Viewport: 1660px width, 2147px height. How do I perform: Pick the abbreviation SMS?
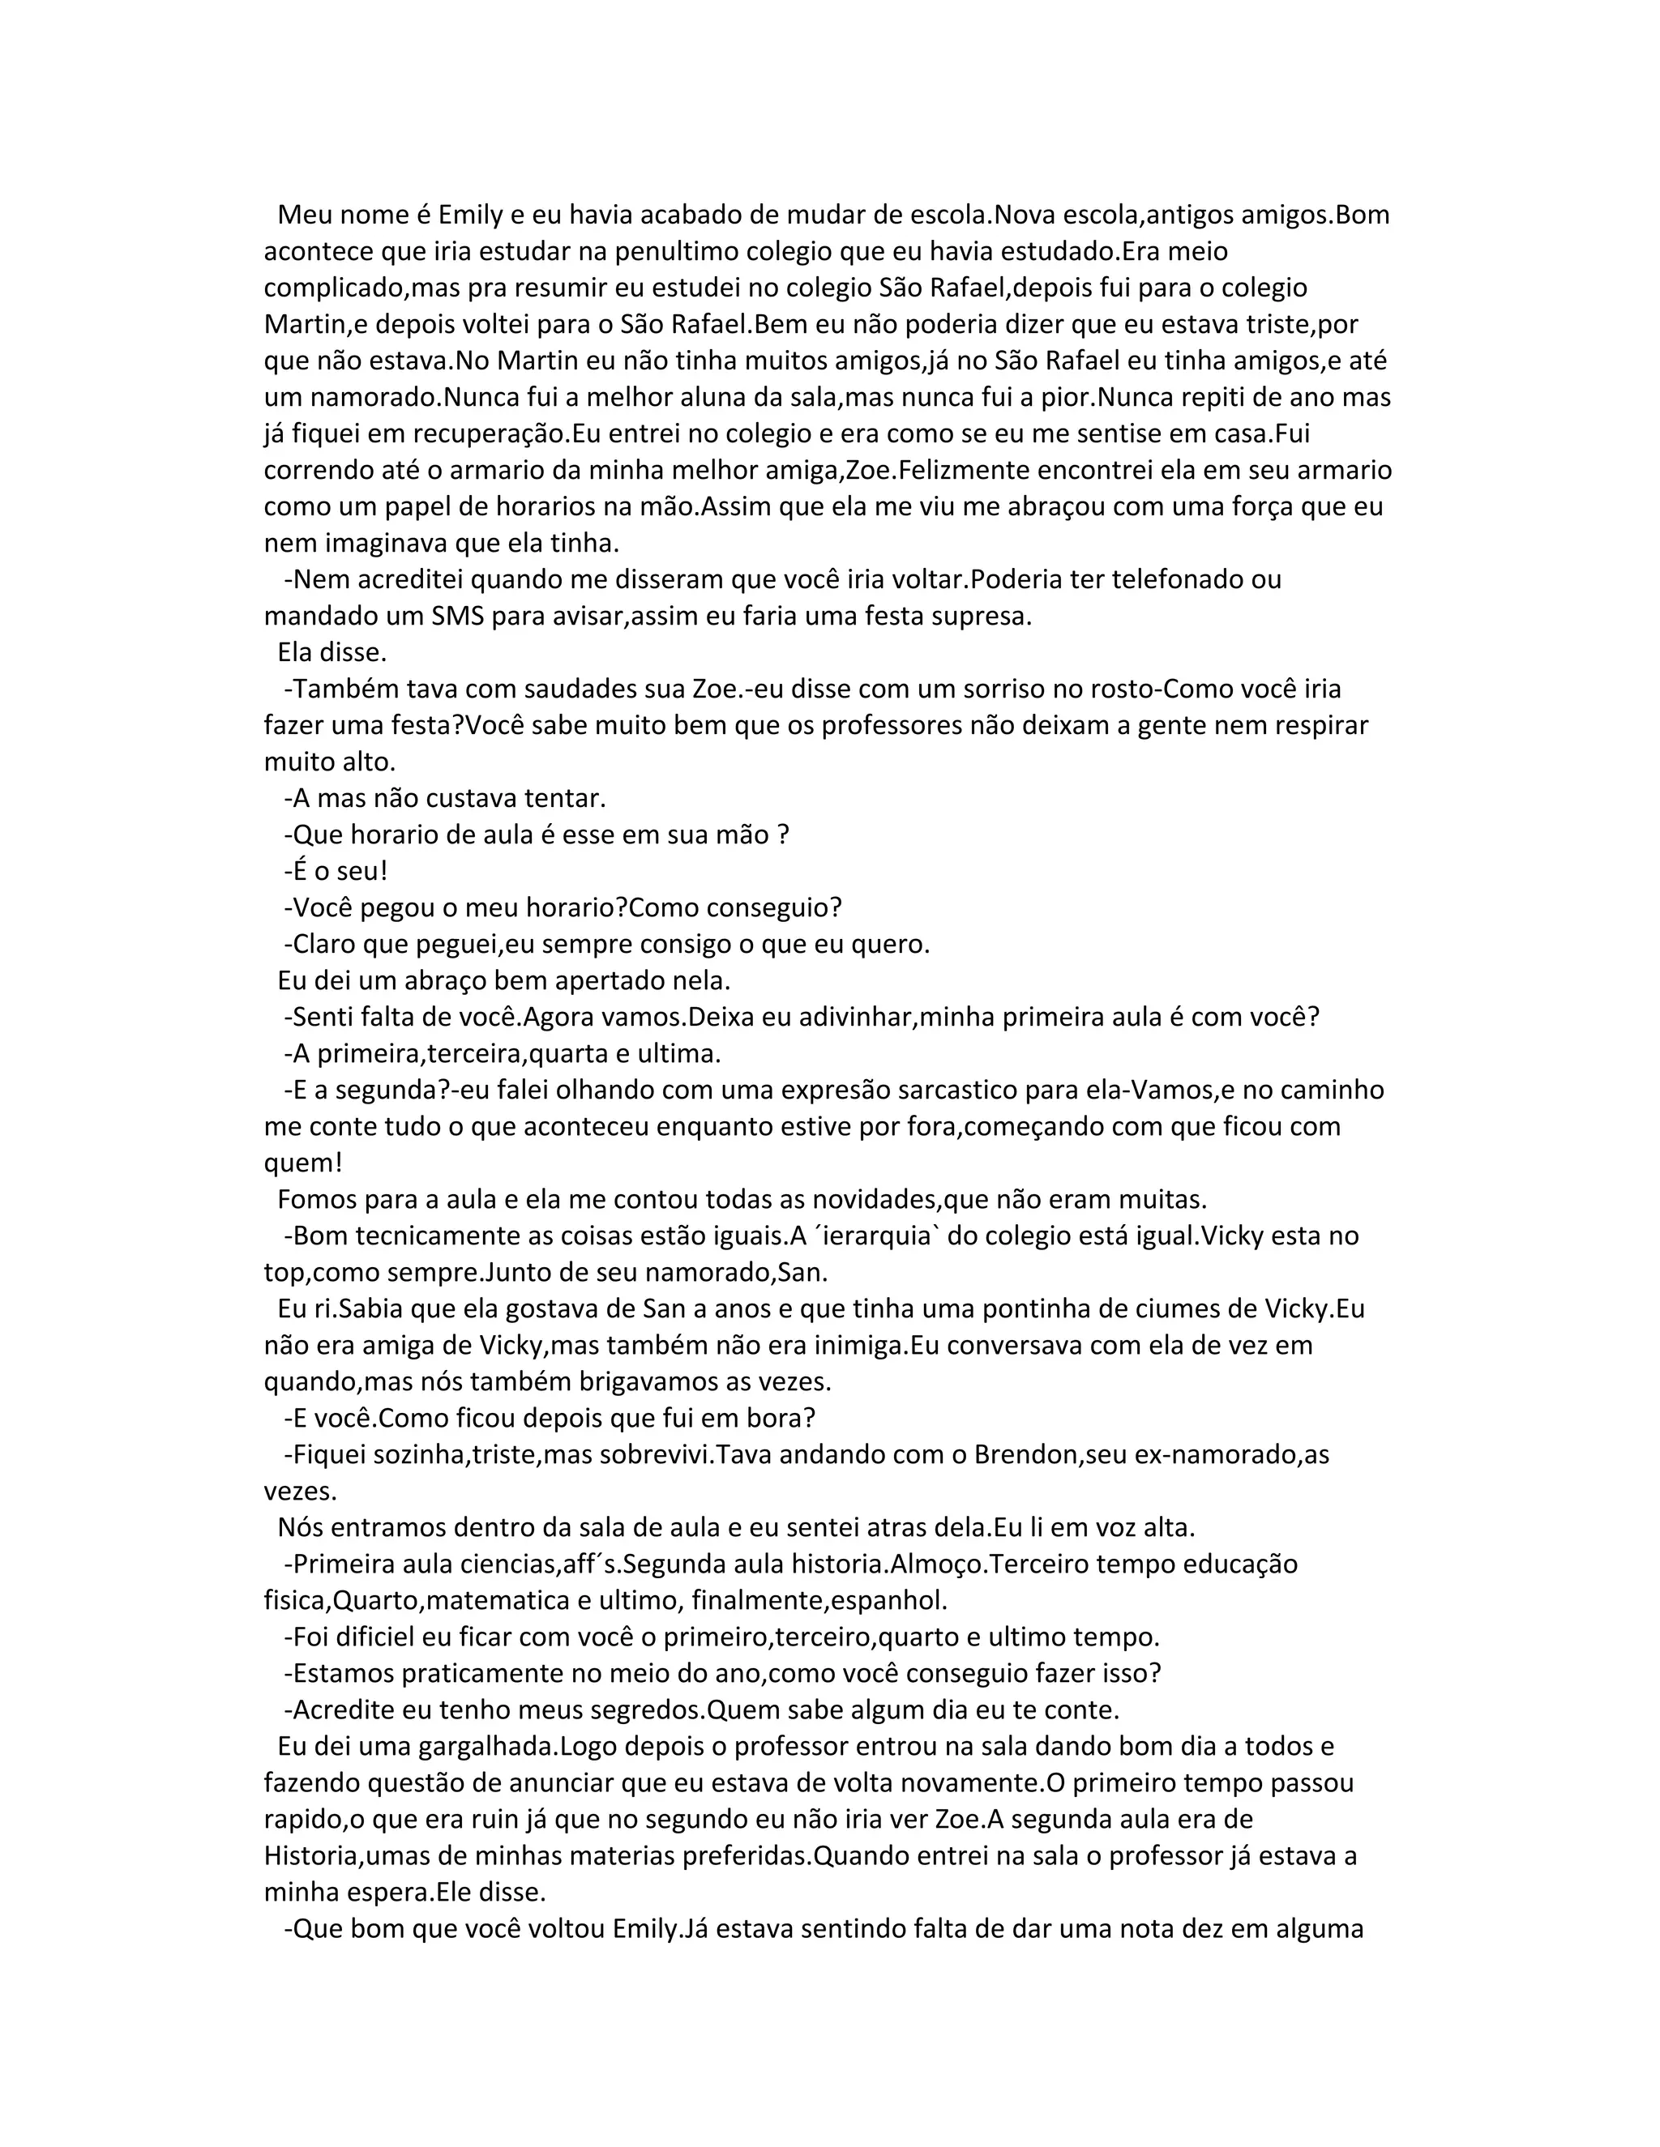point(458,617)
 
